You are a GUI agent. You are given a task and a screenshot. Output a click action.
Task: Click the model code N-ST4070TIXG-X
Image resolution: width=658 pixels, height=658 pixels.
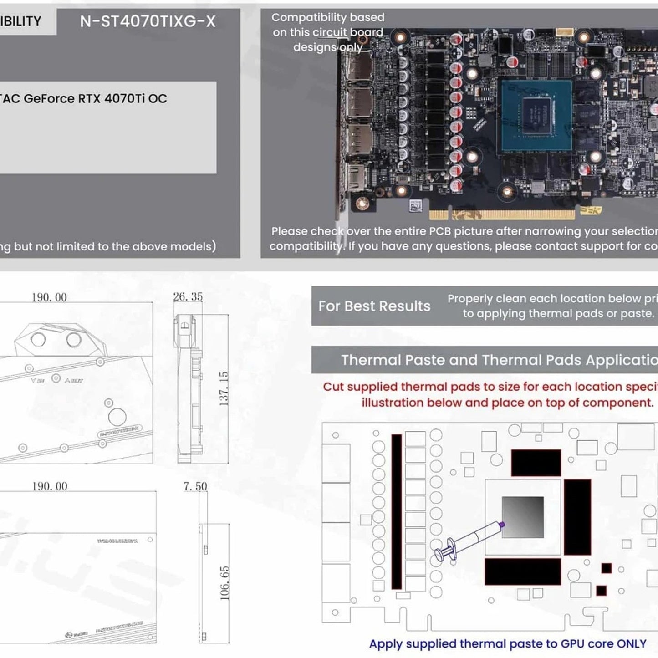[148, 21]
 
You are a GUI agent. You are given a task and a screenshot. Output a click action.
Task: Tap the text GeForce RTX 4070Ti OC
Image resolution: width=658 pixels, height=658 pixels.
[95, 98]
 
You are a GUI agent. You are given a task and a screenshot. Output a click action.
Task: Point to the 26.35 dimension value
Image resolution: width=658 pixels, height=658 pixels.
[188, 297]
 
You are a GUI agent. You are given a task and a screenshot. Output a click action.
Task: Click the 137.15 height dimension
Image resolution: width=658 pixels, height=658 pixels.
[224, 388]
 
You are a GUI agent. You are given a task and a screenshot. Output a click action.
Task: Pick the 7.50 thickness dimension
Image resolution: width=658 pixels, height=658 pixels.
[195, 486]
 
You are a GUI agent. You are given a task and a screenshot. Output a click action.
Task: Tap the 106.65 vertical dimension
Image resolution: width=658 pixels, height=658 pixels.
[224, 583]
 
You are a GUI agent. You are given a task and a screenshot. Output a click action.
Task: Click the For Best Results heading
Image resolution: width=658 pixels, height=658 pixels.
[374, 306]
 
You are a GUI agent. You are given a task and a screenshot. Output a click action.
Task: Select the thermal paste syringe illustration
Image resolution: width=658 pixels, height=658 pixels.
[469, 539]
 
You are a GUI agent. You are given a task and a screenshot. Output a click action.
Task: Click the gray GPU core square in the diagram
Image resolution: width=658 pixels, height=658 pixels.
[523, 517]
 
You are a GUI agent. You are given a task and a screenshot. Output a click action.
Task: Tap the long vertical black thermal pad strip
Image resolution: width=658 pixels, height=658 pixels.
[397, 511]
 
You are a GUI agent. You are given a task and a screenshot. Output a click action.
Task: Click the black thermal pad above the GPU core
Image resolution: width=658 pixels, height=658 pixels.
[536, 463]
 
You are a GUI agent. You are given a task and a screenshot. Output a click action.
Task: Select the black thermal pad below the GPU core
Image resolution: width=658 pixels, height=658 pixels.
[522, 571]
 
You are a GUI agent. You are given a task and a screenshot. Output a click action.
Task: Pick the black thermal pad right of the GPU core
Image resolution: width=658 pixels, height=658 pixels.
[577, 517]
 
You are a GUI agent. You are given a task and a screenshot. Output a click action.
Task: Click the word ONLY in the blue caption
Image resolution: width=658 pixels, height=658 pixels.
[631, 644]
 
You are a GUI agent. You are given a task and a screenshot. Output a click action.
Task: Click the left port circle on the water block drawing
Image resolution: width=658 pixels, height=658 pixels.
[38, 339]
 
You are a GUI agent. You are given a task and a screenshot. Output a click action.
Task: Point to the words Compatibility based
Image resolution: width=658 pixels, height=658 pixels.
[328, 17]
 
